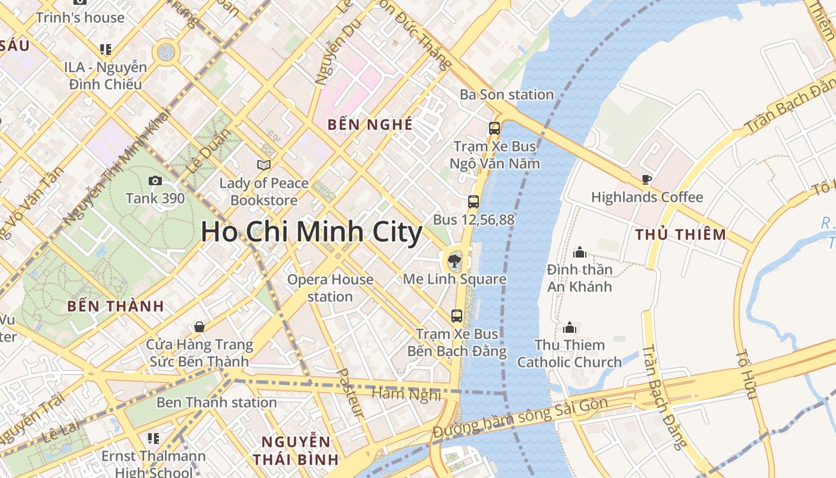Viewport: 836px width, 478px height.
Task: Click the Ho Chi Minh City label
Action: point(311,232)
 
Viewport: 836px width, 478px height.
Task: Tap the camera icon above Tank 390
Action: point(155,180)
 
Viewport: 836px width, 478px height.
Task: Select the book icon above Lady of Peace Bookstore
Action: point(263,165)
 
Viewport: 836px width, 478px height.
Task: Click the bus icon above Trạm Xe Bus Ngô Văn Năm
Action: point(494,128)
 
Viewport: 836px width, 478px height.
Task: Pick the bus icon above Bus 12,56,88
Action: point(474,202)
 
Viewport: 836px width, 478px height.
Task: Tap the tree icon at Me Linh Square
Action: point(454,261)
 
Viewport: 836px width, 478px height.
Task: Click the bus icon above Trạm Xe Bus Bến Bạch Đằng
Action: point(457,316)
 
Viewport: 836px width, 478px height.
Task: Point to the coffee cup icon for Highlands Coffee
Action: point(646,179)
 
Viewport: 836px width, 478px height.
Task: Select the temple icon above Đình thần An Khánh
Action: point(579,252)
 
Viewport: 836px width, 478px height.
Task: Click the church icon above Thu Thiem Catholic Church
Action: point(570,327)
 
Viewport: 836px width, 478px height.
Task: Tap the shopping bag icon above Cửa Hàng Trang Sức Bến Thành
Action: point(199,327)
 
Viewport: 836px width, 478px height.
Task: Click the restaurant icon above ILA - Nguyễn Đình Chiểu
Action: point(106,50)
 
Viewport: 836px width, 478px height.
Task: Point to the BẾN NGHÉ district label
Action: point(370,125)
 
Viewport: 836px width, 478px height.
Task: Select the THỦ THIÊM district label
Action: point(681,234)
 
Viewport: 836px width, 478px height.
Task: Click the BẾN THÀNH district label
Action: point(115,307)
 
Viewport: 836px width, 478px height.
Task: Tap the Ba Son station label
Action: point(506,94)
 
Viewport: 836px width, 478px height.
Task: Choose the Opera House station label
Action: point(330,288)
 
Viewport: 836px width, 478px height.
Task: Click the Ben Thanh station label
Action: point(216,402)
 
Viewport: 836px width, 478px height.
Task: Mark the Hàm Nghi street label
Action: point(406,394)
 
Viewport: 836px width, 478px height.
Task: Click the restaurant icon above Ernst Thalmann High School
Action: point(153,439)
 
